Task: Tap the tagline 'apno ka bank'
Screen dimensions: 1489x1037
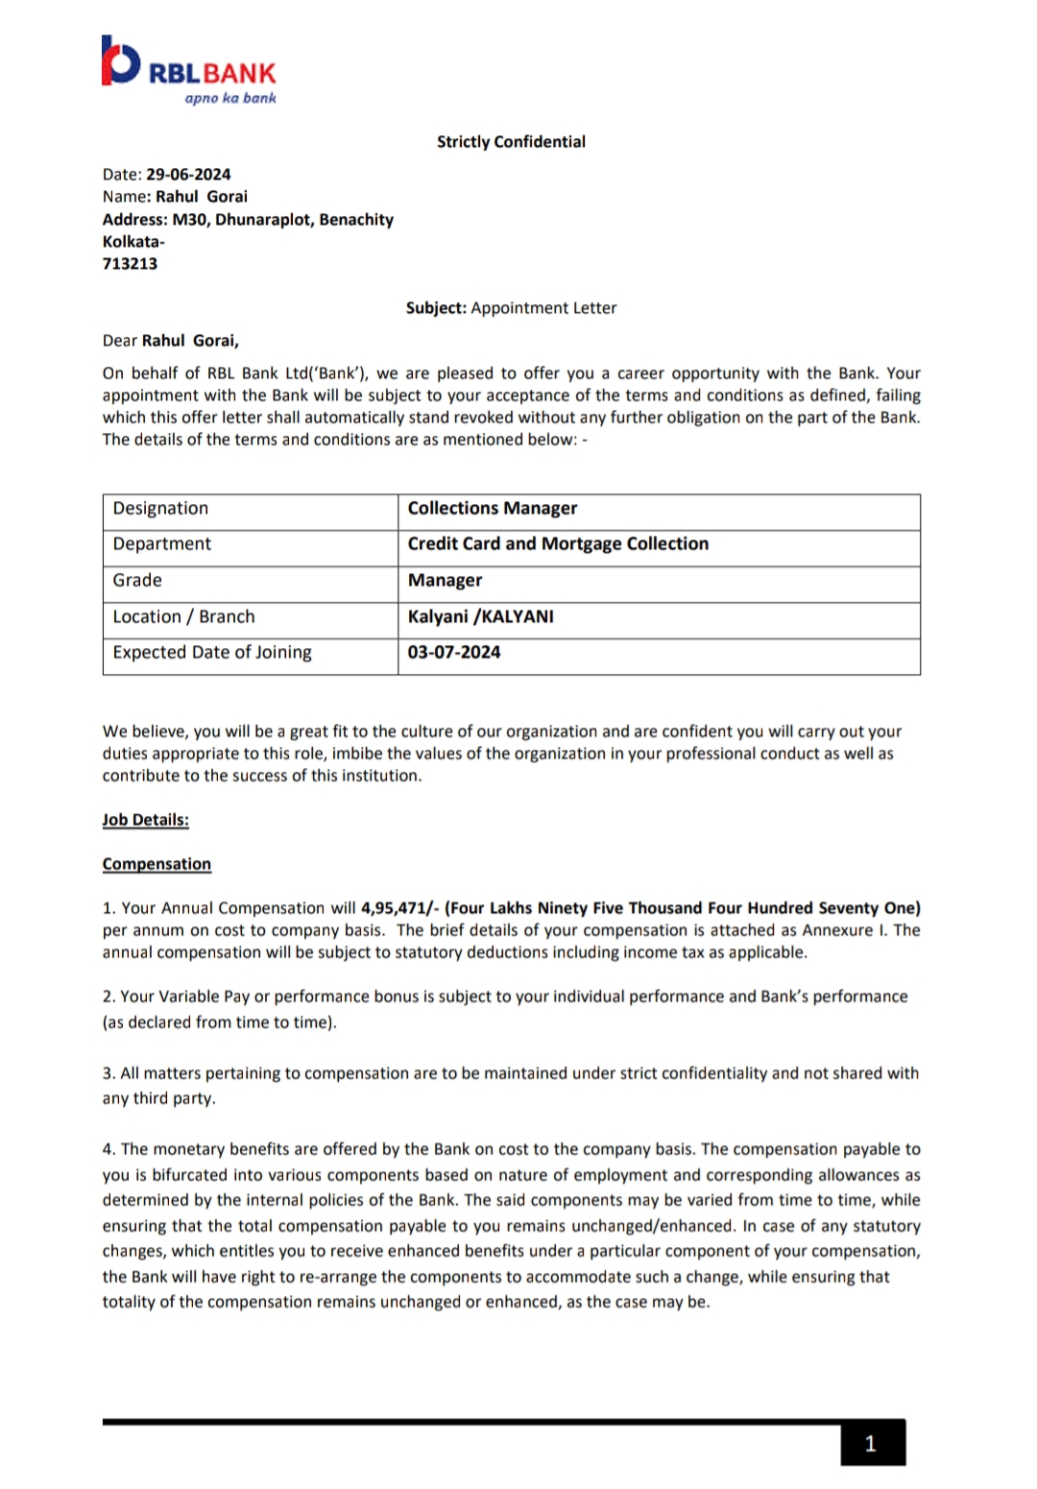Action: (x=230, y=98)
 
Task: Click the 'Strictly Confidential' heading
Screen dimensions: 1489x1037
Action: (x=511, y=142)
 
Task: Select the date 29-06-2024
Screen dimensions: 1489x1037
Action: (x=188, y=175)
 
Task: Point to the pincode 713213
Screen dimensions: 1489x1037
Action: (x=130, y=264)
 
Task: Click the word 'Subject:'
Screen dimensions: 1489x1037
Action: (x=436, y=308)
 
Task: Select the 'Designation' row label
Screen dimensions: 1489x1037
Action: (x=160, y=509)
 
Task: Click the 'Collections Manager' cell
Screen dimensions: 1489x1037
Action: (x=493, y=509)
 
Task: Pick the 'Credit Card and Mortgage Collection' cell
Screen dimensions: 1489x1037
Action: (x=558, y=544)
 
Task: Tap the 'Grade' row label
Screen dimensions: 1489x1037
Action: (x=137, y=581)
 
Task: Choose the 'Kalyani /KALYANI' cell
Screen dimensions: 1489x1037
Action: (x=480, y=616)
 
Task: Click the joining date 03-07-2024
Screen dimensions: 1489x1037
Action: (x=454, y=653)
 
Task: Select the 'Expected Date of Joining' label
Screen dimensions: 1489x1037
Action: (x=212, y=653)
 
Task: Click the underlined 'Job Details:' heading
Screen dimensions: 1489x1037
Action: (x=146, y=820)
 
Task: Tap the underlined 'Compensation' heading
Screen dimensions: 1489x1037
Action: (x=157, y=864)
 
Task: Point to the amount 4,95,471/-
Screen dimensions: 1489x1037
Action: (x=399, y=908)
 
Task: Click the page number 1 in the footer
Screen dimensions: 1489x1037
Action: (x=871, y=1444)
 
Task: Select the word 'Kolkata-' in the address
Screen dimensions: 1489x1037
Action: (x=133, y=242)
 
